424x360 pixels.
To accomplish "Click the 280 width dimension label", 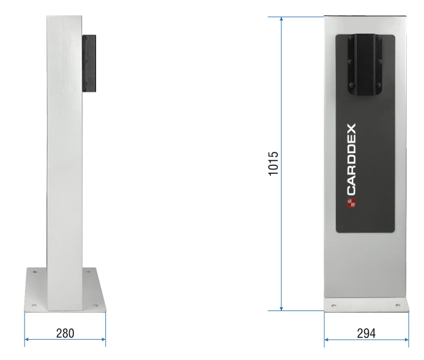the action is (65, 333).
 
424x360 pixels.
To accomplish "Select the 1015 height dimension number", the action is (273, 163).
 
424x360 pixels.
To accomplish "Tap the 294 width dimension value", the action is (366, 333).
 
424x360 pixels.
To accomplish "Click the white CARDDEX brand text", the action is (352, 159).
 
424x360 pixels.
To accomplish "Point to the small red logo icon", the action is (351, 203).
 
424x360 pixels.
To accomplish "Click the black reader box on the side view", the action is (89, 63).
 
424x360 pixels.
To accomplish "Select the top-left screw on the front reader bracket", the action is (351, 38).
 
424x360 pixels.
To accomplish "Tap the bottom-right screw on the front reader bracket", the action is (379, 85).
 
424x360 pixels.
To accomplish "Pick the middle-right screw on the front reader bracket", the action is (379, 62).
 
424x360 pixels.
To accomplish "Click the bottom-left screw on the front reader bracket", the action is (351, 85).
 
